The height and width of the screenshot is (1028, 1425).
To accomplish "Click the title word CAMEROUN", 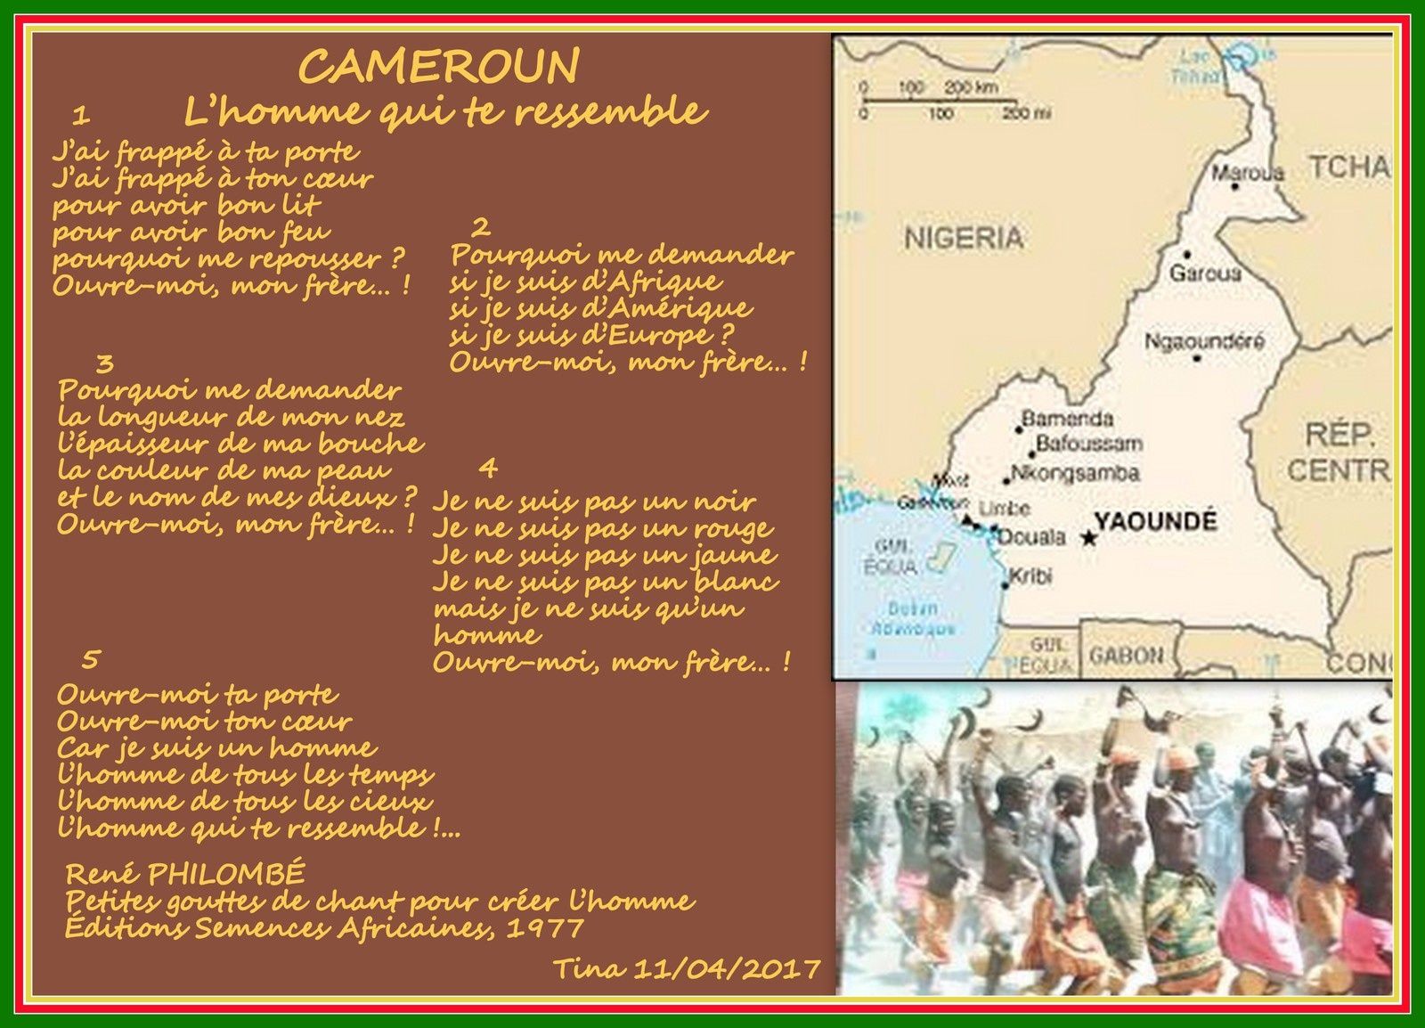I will (x=438, y=66).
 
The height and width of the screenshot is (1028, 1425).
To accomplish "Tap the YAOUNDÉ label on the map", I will (x=1155, y=520).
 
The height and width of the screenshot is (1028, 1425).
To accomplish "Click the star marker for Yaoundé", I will (x=1087, y=538).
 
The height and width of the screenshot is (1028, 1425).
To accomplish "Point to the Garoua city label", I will (x=1204, y=273).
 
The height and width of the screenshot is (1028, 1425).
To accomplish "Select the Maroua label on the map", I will (x=1248, y=172).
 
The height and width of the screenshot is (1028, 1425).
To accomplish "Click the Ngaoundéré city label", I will (x=1204, y=341).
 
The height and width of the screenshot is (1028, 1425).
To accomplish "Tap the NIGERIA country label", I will (x=964, y=238).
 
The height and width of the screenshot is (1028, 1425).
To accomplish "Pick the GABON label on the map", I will (x=1126, y=656).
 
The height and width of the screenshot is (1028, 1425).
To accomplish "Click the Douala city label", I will (x=1031, y=537).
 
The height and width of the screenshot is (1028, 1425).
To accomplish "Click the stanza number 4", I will (x=487, y=468).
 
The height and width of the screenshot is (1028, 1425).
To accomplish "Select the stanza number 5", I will (x=90, y=659).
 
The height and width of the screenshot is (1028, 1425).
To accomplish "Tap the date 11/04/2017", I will (x=725, y=968).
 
